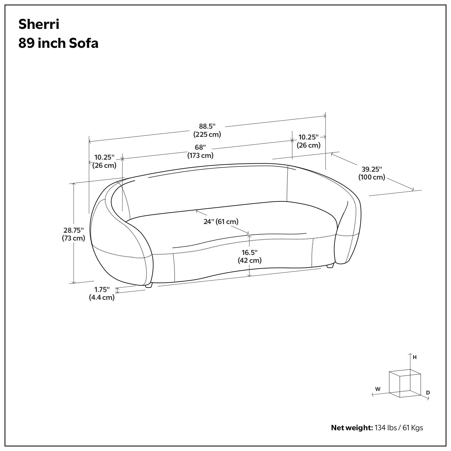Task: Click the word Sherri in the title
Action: [39, 24]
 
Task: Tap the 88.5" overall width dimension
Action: [207, 126]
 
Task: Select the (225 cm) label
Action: [207, 134]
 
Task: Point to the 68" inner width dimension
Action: [200, 148]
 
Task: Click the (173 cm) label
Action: [200, 155]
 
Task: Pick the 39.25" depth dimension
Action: [372, 169]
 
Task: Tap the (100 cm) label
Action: [372, 177]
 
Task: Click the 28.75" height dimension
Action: [73, 230]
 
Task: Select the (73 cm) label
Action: [73, 238]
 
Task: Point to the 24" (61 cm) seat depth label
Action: [221, 222]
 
